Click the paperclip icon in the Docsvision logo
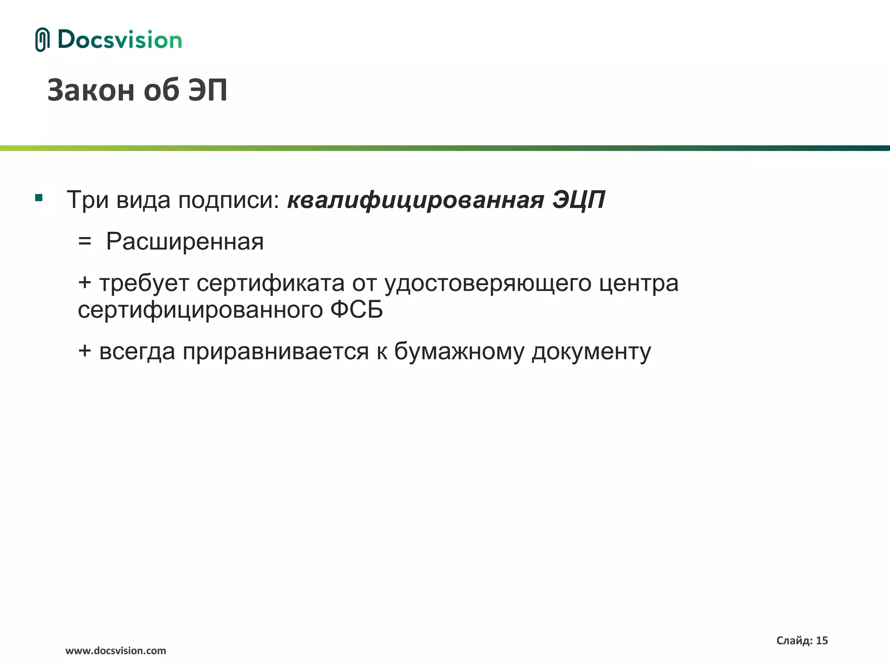tap(42, 40)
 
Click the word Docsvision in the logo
tap(120, 40)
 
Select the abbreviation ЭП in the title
tap(208, 90)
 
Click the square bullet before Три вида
tap(39, 198)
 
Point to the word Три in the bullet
tap(87, 200)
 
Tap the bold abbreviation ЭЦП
tap(579, 200)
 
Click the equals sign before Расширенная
tap(85, 242)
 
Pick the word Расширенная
tap(185, 242)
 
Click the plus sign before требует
tap(85, 283)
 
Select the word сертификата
tap(270, 284)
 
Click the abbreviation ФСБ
tap(356, 310)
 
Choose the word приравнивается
tap(276, 352)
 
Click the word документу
tap(591, 352)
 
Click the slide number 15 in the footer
tap(822, 640)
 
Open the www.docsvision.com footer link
tap(116, 651)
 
